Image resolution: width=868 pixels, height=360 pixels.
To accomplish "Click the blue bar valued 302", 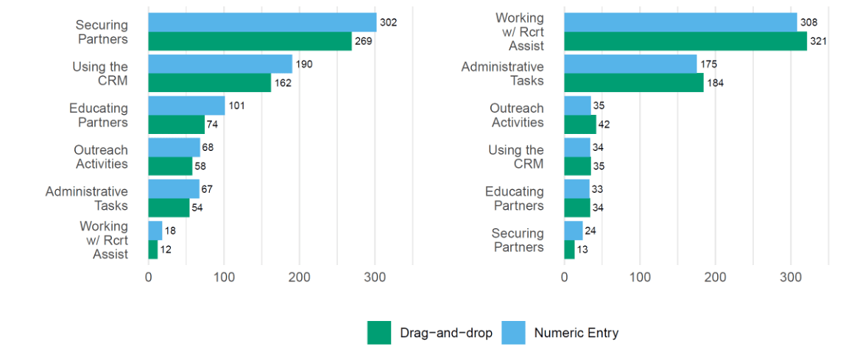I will (x=262, y=22).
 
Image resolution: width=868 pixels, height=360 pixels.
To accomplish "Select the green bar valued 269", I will (x=250, y=41).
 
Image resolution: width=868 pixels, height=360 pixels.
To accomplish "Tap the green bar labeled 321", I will (x=685, y=41).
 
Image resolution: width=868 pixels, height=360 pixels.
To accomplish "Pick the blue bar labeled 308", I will (x=680, y=22).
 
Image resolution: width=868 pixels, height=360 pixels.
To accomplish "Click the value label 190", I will (x=304, y=64).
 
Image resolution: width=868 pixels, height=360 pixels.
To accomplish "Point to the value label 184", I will (x=715, y=83).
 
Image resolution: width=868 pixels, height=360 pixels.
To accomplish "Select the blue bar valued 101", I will (x=186, y=106).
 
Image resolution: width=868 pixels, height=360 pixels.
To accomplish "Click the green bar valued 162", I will (x=209, y=83).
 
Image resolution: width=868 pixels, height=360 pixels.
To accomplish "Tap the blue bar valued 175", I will (x=630, y=64).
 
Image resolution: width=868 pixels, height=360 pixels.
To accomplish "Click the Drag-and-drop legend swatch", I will (x=379, y=333).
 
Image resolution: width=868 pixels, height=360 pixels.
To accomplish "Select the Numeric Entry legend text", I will (x=576, y=333).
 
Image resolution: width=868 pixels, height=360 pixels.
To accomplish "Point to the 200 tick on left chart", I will (x=300, y=278).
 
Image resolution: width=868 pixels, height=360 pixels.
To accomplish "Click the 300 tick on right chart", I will (x=791, y=278).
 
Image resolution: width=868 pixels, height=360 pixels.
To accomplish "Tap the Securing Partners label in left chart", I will (x=102, y=32).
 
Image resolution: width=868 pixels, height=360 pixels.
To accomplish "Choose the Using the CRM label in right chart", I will (x=516, y=157).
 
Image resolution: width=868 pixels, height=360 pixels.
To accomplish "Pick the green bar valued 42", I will (x=579, y=124).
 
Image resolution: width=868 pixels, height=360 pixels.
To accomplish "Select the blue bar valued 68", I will (x=174, y=147).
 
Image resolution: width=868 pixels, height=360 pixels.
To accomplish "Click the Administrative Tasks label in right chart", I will (x=502, y=74).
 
